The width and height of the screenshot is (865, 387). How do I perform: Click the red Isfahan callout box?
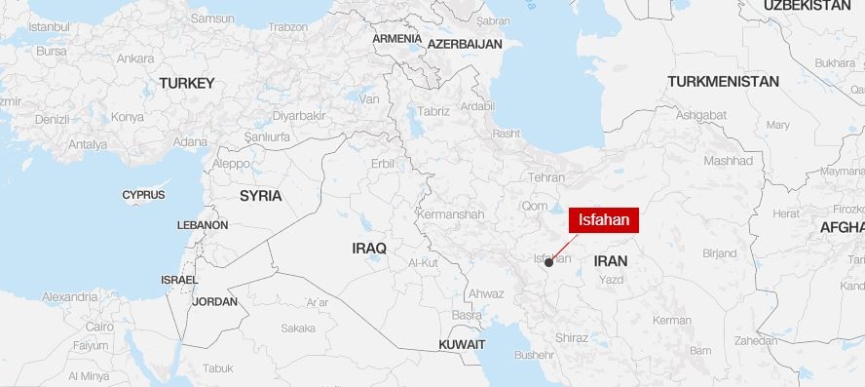[x=604, y=220]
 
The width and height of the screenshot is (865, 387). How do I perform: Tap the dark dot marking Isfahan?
[x=549, y=262]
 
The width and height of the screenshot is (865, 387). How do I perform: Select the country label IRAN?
[x=611, y=261]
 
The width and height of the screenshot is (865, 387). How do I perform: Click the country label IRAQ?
[x=369, y=249]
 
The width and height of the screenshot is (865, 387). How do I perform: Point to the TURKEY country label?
[x=186, y=83]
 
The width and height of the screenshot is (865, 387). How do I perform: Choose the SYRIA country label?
[x=260, y=196]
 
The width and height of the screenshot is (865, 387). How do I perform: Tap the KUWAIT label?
[x=462, y=344]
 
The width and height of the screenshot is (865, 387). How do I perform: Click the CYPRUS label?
[x=143, y=195]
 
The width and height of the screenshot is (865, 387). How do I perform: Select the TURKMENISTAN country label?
[x=723, y=82]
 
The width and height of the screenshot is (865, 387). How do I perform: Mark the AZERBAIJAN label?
[x=465, y=44]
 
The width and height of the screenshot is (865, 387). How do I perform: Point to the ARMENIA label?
[x=396, y=39]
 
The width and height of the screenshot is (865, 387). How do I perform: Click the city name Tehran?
[x=545, y=177]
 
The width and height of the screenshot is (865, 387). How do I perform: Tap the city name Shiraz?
[x=571, y=337]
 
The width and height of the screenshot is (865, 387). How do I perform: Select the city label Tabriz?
[x=433, y=111]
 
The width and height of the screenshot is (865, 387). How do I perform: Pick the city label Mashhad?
[x=728, y=160]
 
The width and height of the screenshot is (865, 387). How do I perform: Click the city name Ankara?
[x=135, y=58]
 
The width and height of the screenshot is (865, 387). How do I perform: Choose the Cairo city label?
[x=99, y=328]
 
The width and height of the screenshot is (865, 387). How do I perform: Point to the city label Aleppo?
[x=232, y=164]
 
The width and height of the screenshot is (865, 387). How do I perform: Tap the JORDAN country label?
[x=214, y=301]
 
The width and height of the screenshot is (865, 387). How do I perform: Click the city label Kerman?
[x=672, y=320]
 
